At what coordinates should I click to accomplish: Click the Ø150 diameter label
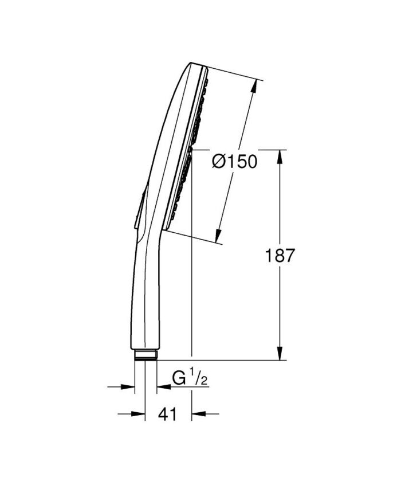click(234, 162)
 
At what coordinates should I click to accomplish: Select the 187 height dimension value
click(280, 256)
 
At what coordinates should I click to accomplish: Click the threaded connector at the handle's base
click(146, 355)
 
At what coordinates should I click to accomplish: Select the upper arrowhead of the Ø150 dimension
click(254, 86)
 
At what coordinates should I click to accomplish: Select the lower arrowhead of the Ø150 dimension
click(219, 236)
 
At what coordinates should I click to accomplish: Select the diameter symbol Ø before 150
click(219, 162)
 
